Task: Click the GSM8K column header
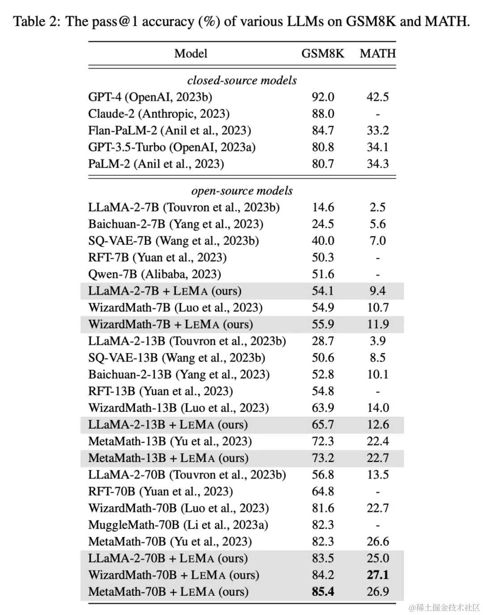coord(322,54)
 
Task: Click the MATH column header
coord(377,54)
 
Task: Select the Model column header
coord(191,54)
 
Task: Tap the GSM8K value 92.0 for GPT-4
coord(323,97)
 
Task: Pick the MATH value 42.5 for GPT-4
coord(377,97)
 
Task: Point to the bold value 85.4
coord(323,592)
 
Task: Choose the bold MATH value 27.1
coord(377,575)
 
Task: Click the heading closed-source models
coord(242,81)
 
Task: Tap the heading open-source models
coord(242,191)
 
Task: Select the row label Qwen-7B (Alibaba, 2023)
coord(155,274)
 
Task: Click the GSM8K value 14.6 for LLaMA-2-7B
coord(323,207)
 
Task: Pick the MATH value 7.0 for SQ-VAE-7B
coord(377,241)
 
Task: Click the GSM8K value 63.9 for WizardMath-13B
coord(323,408)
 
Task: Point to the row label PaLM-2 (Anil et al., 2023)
coord(156,164)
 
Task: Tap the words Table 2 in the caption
coord(36,21)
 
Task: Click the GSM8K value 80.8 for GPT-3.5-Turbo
coord(323,147)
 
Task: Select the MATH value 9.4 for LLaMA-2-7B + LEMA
coord(377,291)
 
